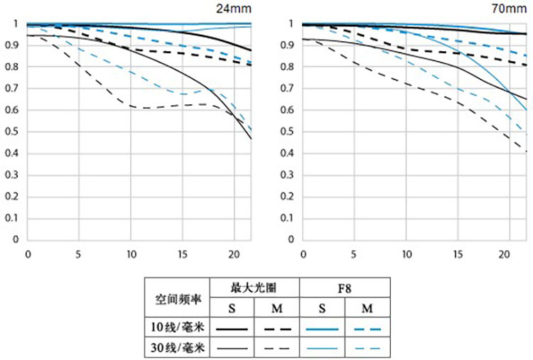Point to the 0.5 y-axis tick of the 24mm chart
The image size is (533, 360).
point(11,132)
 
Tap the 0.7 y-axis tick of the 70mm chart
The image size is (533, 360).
point(287,89)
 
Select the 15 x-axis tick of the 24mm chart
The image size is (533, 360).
point(183,253)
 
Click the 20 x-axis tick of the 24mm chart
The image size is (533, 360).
point(234,253)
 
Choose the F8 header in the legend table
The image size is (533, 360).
point(345,288)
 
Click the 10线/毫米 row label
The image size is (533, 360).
point(176,329)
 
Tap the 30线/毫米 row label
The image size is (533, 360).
point(176,348)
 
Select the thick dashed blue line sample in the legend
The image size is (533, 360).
point(367,329)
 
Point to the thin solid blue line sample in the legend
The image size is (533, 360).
point(322,348)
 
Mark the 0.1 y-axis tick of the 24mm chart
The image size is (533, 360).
point(11,218)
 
